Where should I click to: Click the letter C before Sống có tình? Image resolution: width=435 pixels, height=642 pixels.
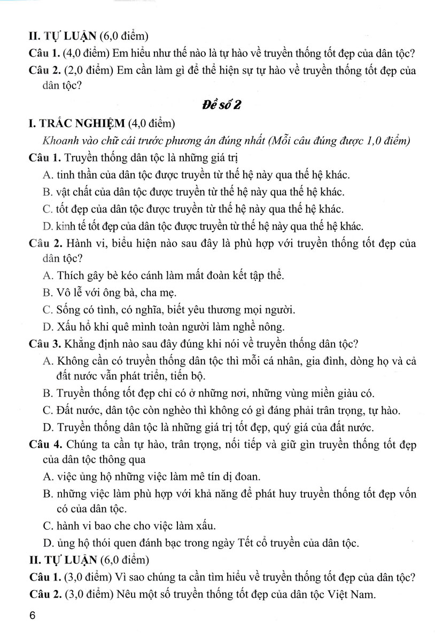[45, 309]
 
